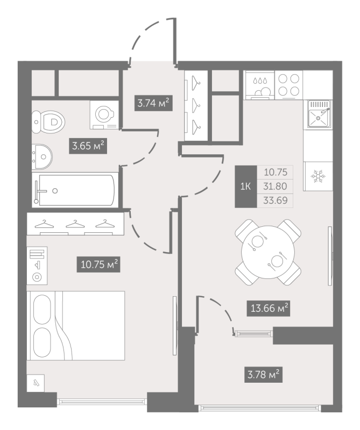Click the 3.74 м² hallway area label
[x=153, y=103]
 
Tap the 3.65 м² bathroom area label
[x=88, y=145]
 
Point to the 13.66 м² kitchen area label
[x=269, y=308]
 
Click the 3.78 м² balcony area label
[x=263, y=374]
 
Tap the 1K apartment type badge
[x=246, y=187]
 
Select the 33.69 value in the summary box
[x=275, y=200]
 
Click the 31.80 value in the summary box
[x=275, y=187]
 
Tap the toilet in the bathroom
[x=48, y=122]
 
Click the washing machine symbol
[x=104, y=114]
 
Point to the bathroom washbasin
[x=42, y=156]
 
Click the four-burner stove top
[x=288, y=85]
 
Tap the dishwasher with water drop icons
[x=260, y=85]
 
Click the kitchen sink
[x=319, y=114]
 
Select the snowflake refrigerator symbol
[x=317, y=176]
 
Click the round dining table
[x=268, y=252]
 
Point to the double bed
[x=76, y=326]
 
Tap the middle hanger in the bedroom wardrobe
[x=75, y=224]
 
